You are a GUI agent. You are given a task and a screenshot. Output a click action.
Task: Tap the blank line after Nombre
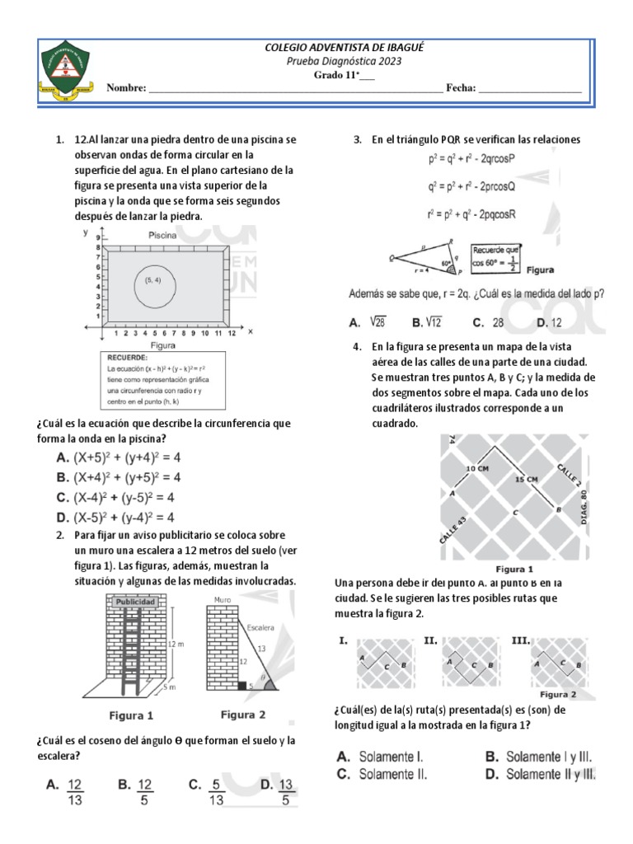(294, 87)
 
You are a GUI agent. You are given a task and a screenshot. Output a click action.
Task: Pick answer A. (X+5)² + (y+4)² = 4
(118, 457)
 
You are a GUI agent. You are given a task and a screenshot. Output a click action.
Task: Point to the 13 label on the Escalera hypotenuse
(263, 649)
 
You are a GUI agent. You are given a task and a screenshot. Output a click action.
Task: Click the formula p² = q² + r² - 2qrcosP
(471, 158)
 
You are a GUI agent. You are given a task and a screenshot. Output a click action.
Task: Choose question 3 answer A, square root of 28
(368, 322)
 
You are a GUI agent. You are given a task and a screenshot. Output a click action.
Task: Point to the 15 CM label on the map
(527, 478)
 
